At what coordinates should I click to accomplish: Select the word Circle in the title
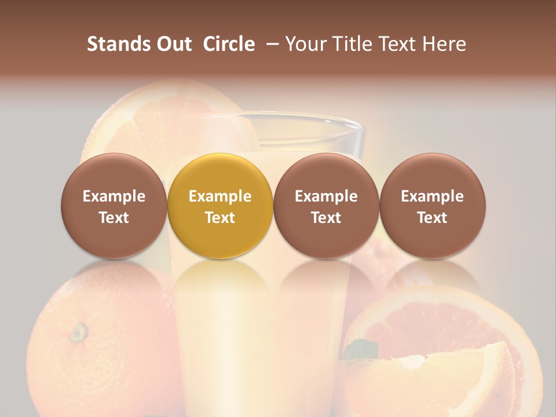pos(229,44)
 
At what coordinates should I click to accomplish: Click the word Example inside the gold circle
pos(220,196)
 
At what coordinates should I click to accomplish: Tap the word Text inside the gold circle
pos(220,218)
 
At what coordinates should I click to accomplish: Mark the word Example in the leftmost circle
pos(114,196)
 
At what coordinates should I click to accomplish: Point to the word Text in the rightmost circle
pos(433,218)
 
